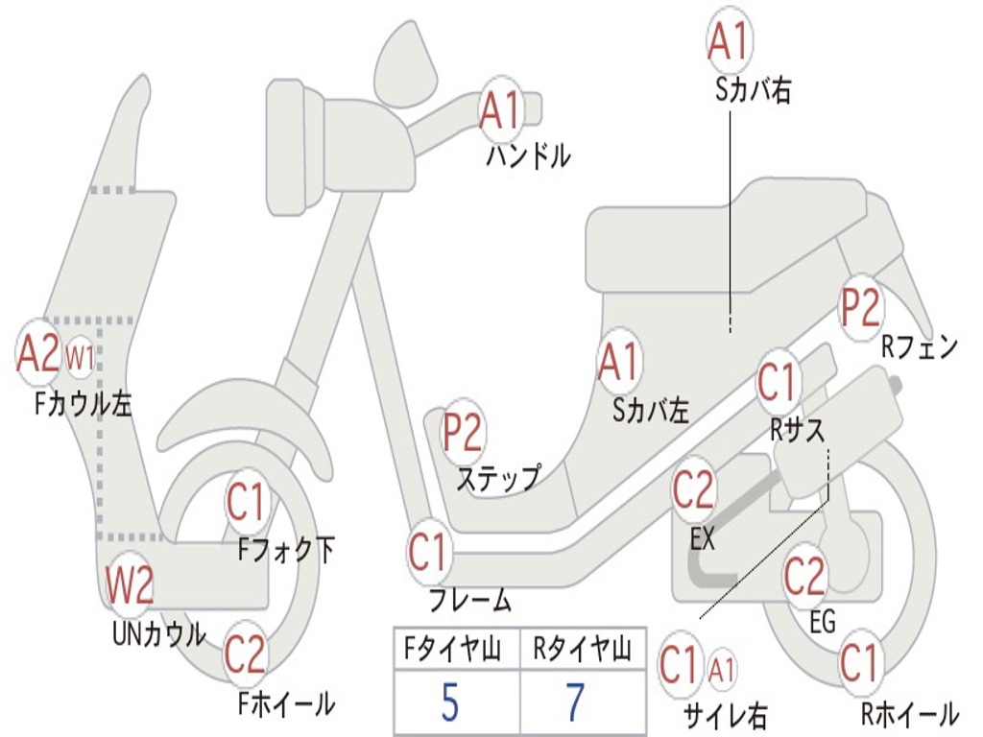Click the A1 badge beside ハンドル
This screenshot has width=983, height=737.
coord(501,109)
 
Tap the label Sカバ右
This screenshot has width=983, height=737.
coord(753,91)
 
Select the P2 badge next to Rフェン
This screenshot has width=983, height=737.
coord(860,307)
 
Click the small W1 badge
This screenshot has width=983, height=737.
coord(80,359)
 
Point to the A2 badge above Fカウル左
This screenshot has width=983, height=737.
coord(38,353)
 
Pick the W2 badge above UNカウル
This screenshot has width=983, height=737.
coord(130,585)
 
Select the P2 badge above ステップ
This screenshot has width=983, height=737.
coord(463,433)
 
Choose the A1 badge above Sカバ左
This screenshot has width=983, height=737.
coord(618,362)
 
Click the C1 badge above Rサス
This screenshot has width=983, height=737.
coord(778,382)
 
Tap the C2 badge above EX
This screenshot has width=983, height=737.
coord(692,490)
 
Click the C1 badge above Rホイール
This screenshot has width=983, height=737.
coord(859,662)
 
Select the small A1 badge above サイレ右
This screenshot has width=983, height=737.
coord(722,667)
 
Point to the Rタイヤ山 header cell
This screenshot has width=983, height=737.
coord(583,651)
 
